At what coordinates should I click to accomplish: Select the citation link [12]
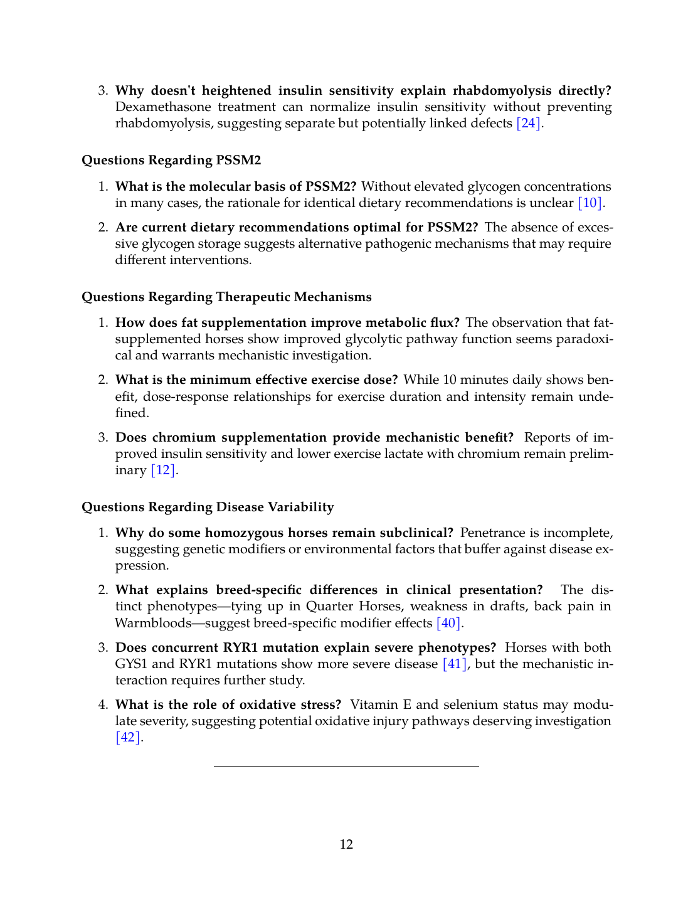(163, 470)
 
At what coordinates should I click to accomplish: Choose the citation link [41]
(455, 664)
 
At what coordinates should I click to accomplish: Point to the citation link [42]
(128, 738)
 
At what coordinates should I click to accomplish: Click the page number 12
(346, 845)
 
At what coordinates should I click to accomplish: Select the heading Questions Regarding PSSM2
(171, 161)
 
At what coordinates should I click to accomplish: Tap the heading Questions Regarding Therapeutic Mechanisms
(226, 297)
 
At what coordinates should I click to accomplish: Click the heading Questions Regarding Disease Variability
(208, 507)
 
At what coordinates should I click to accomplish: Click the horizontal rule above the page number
(346, 766)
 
